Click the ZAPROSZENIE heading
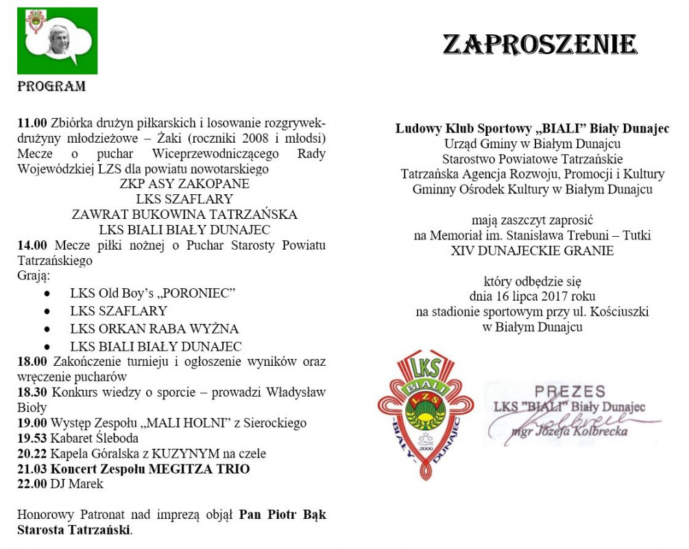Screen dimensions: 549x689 tap(540, 45)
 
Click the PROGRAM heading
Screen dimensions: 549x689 tap(51, 87)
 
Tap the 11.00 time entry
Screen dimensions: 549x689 tap(32, 124)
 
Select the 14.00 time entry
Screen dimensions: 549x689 tap(32, 246)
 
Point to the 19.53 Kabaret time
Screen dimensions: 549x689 tap(32, 438)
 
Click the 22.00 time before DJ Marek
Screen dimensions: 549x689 tap(32, 484)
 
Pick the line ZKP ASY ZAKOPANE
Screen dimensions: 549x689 tap(184, 184)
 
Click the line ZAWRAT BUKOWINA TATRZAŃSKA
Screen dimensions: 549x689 tap(184, 214)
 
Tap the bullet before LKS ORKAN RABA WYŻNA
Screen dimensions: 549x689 tap(47, 329)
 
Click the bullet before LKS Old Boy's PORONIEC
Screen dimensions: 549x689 tap(47, 293)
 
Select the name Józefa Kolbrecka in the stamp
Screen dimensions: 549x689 tap(582, 432)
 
